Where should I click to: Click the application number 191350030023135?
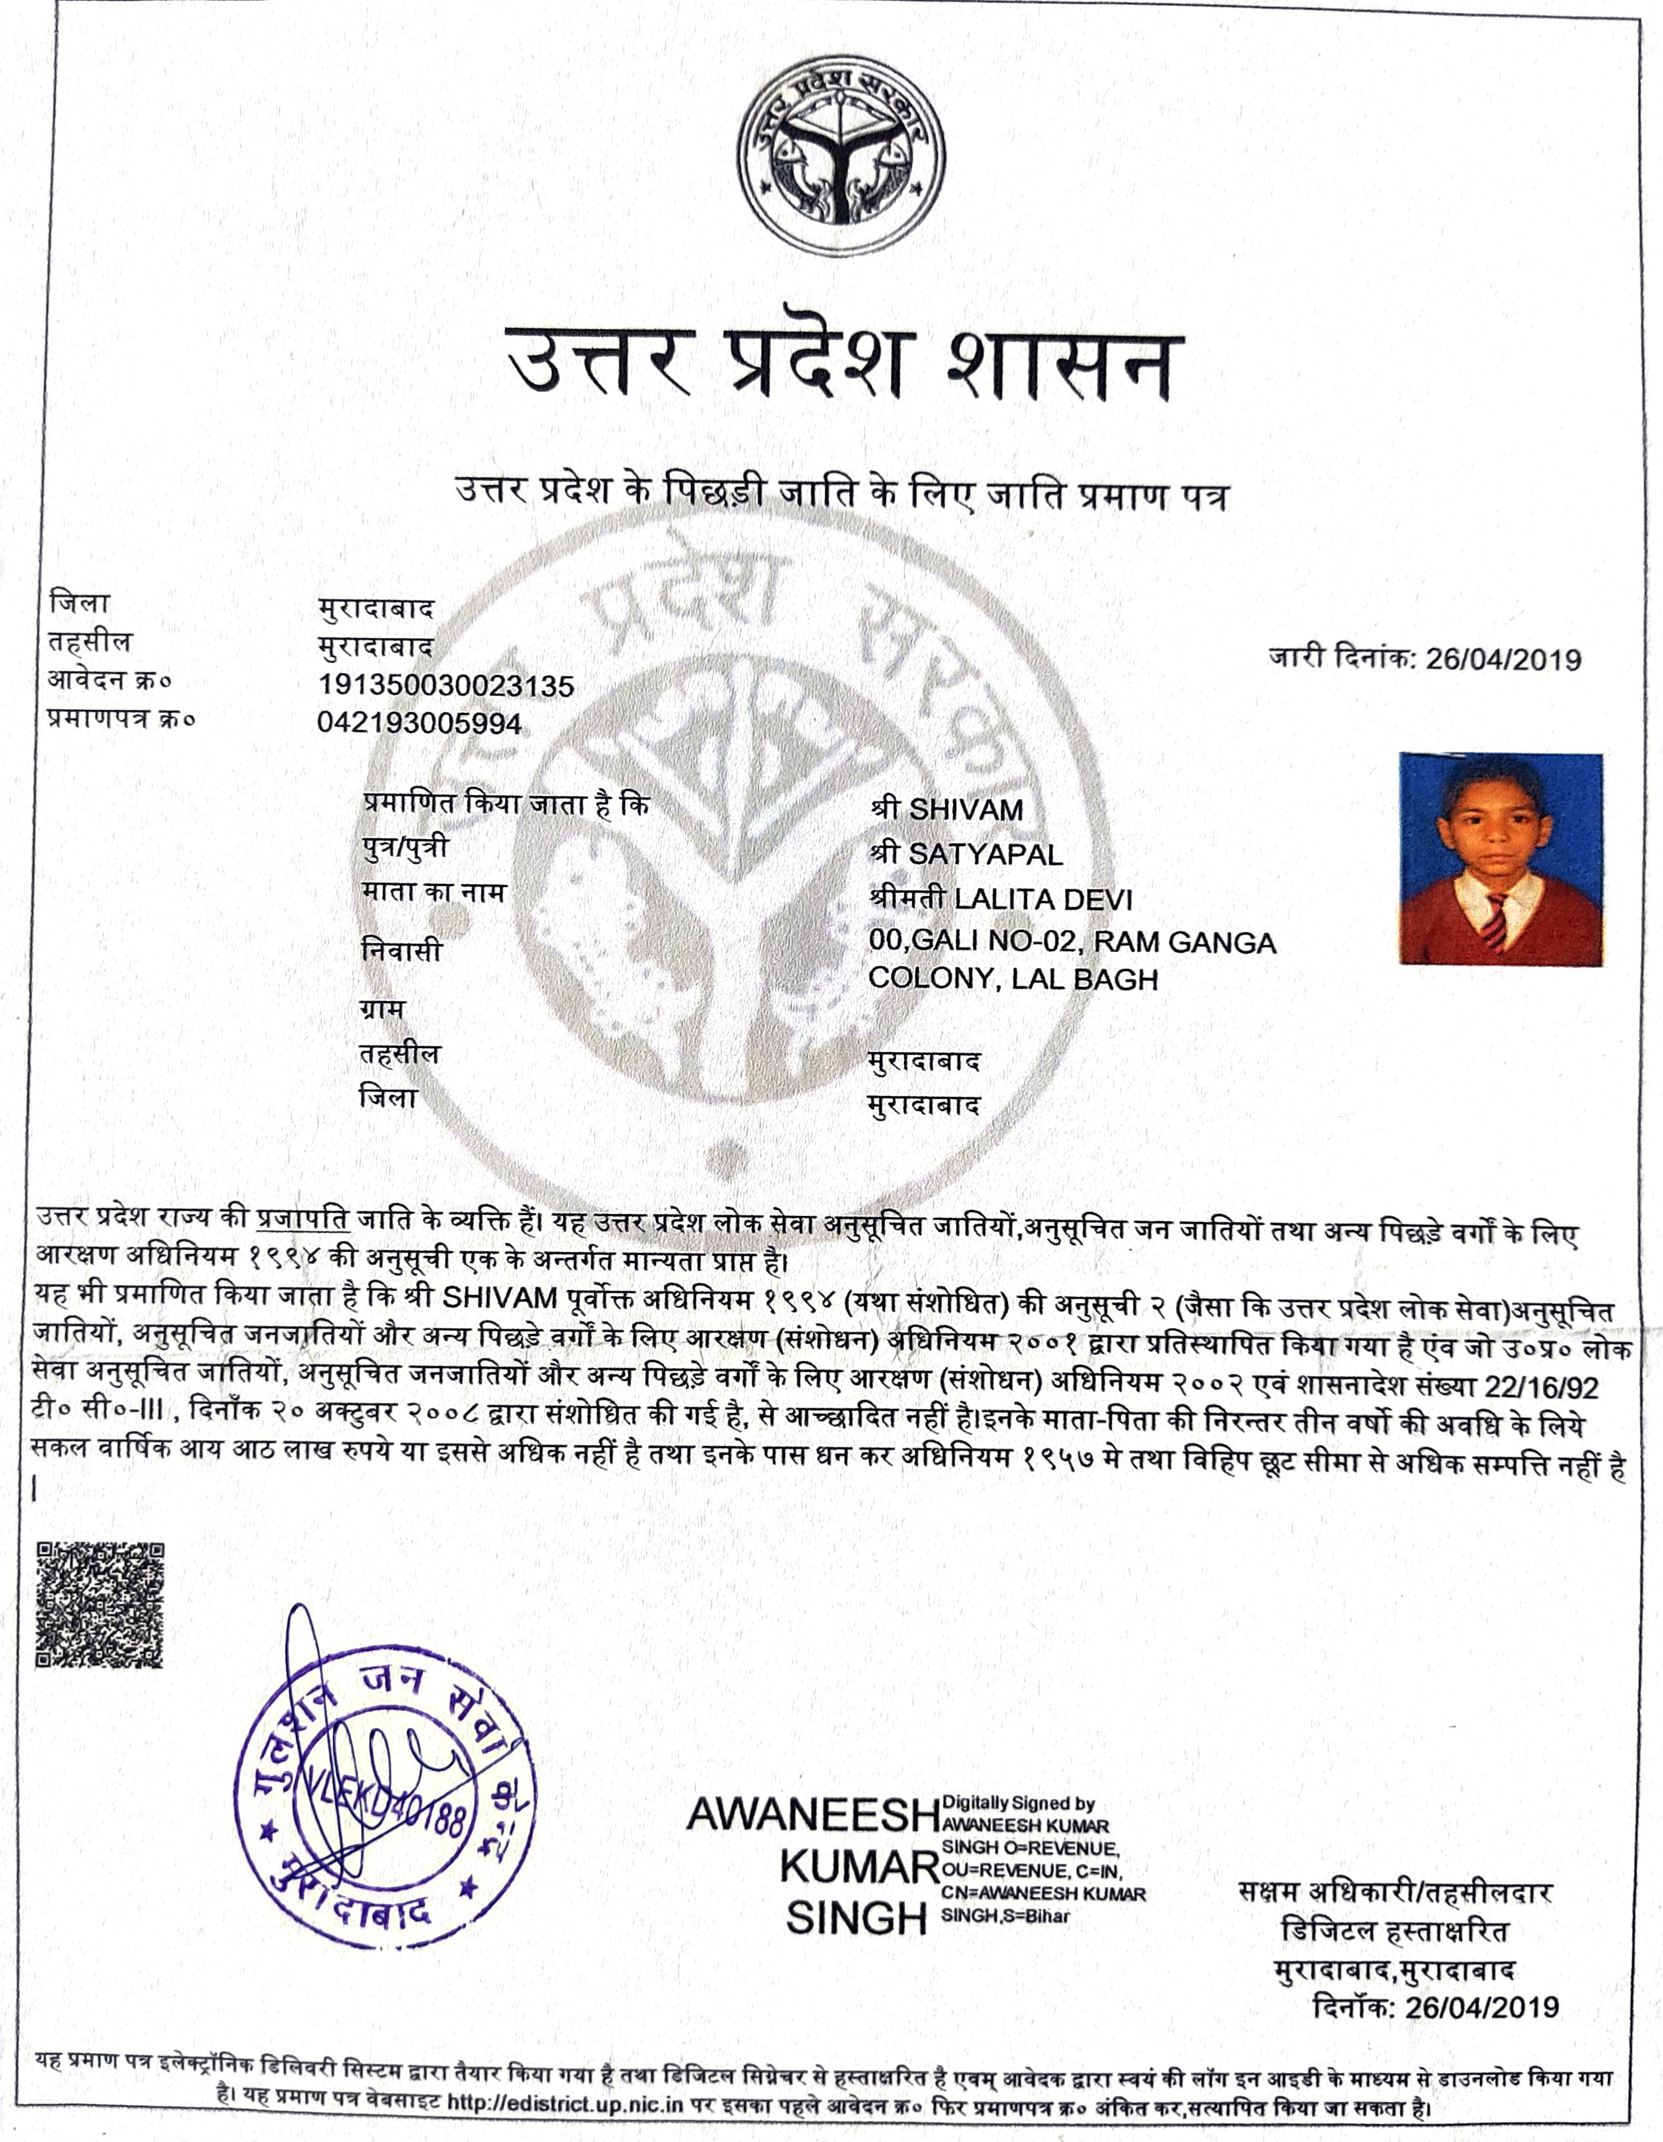tap(446, 685)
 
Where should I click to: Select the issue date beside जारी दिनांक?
tap(1503, 658)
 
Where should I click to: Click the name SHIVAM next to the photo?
tap(966, 809)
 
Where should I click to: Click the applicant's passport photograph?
tap(1500, 859)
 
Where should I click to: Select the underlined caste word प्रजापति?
tap(303, 1220)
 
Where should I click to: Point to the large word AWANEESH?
tap(812, 1814)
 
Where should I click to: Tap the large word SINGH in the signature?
tap(856, 1919)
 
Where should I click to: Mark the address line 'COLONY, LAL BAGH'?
tap(1013, 979)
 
